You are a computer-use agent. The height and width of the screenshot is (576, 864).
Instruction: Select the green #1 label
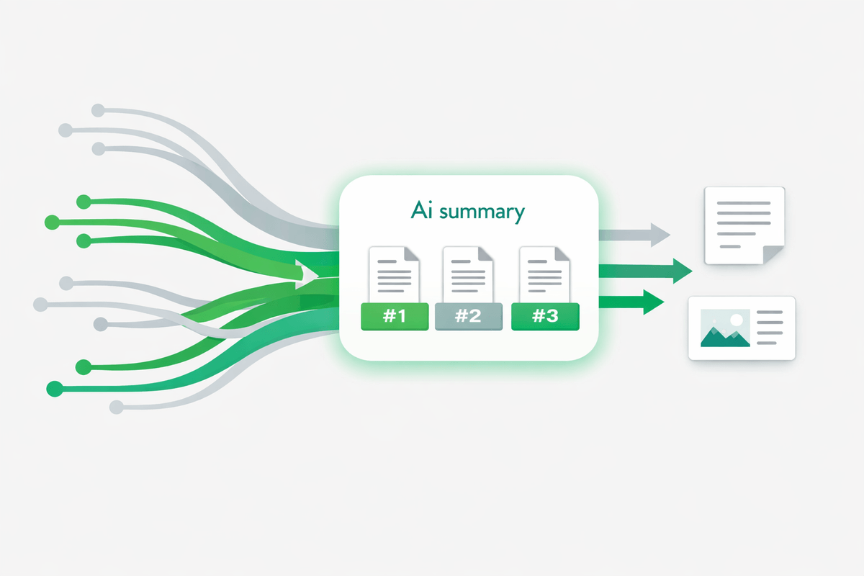point(395,316)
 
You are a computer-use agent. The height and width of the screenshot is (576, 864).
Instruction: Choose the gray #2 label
point(469,316)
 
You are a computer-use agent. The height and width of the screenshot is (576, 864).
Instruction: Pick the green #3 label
point(545,316)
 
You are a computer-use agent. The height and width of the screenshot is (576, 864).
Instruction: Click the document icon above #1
point(394,274)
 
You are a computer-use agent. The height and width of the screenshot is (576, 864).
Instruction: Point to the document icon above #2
point(469,274)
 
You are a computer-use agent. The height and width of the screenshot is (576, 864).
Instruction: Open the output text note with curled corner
point(744,225)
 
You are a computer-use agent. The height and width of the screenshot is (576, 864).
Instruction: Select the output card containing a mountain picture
point(742,328)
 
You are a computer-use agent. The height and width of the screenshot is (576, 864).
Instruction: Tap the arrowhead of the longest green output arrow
point(681,271)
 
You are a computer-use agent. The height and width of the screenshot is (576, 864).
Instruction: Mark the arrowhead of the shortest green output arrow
point(653,302)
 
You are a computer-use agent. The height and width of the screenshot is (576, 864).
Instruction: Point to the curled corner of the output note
point(774,253)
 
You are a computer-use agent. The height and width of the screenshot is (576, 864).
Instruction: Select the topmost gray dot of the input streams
point(98,111)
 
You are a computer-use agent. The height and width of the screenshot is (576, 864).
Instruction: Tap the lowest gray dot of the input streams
point(116,408)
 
